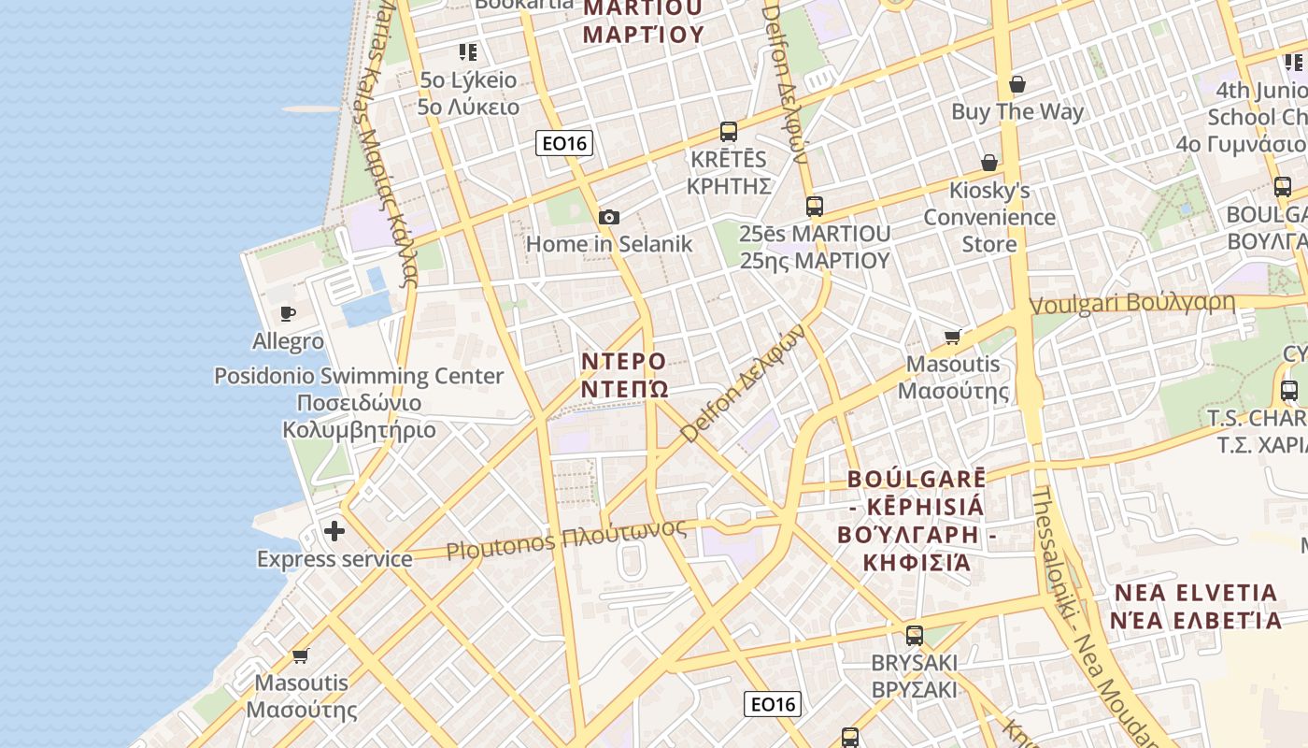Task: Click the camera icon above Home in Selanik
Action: pyautogui.click(x=609, y=218)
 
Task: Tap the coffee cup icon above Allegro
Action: pyautogui.click(x=288, y=314)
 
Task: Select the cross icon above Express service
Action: pyautogui.click(x=334, y=532)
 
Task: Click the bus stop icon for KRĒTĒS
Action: pyautogui.click(x=729, y=132)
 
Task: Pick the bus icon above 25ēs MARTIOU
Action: pyautogui.click(x=815, y=207)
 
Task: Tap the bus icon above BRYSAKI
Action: pyautogui.click(x=915, y=636)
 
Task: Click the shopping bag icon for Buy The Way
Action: pyautogui.click(x=1017, y=85)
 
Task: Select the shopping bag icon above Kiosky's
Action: pyautogui.click(x=989, y=164)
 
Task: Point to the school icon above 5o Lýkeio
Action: pyautogui.click(x=468, y=52)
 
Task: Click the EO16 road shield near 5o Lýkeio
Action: pyautogui.click(x=564, y=143)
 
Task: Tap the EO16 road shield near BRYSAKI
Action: pyautogui.click(x=773, y=704)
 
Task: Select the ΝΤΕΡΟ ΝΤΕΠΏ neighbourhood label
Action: pyautogui.click(x=624, y=374)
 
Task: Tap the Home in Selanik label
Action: pyautogui.click(x=609, y=244)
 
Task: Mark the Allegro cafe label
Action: pyautogui.click(x=288, y=341)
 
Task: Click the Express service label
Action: pyautogui.click(x=334, y=559)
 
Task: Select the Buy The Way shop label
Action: pyautogui.click(x=1017, y=112)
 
